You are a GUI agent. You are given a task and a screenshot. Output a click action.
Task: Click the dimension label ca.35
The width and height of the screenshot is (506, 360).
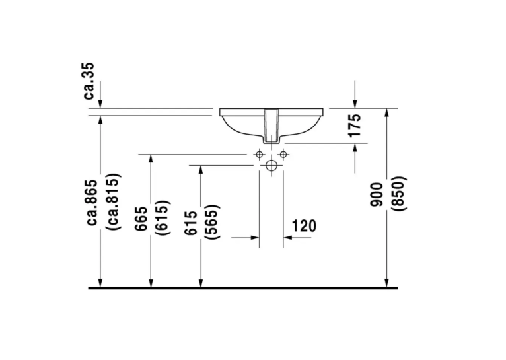coord(89,81)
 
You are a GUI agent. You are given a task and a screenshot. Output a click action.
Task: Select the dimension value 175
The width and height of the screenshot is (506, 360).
coord(355,125)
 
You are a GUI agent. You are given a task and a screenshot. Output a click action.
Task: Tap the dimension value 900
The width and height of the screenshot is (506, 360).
coord(377,194)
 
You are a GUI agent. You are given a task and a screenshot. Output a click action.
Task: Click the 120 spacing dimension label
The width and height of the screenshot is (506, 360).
coord(304,226)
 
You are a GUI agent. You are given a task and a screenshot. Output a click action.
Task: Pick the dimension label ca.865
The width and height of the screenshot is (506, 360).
coord(92,202)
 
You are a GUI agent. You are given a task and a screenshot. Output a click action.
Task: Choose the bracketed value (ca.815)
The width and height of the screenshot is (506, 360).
coord(114,202)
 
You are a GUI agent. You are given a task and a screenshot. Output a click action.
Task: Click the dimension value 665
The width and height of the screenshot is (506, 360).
coord(141,219)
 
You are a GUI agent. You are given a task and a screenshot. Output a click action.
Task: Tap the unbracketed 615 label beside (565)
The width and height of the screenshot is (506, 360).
coord(191,223)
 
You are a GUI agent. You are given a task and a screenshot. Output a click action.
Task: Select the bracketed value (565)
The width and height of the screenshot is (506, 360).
coord(213,222)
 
